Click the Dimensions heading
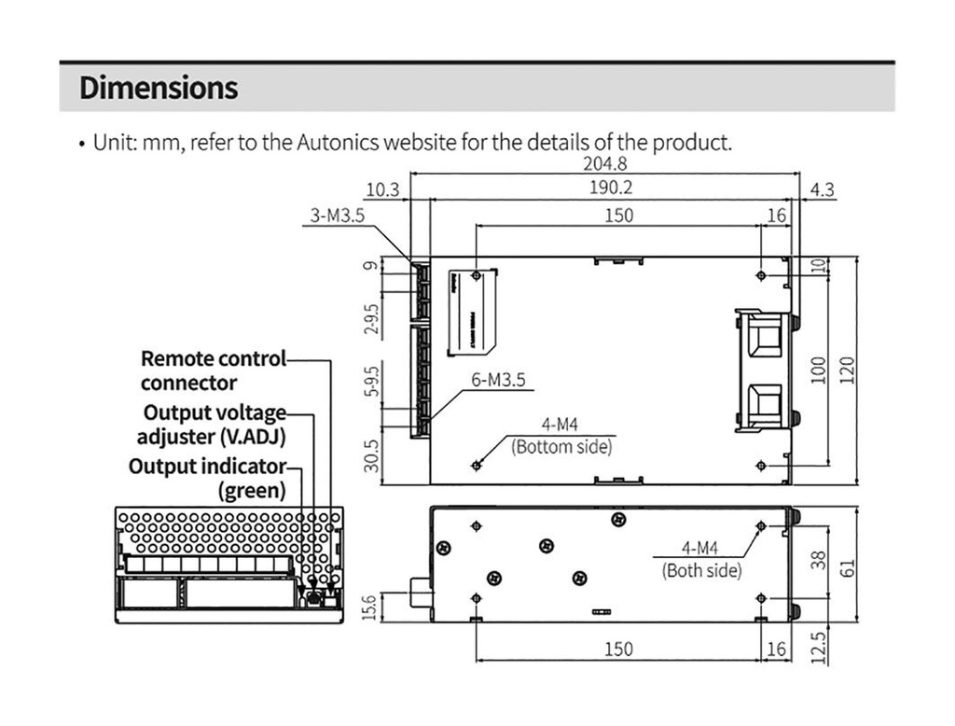pyautogui.click(x=159, y=89)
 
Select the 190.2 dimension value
pyautogui.click(x=612, y=188)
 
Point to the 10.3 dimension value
pyautogui.click(x=382, y=190)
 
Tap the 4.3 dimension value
pyautogui.click(x=822, y=190)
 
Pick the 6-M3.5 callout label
pyautogui.click(x=499, y=380)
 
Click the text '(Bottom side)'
pyautogui.click(x=562, y=447)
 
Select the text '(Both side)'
pyautogui.click(x=702, y=570)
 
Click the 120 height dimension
pyautogui.click(x=847, y=370)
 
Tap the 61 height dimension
pyautogui.click(x=847, y=565)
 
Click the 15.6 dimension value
pyautogui.click(x=371, y=607)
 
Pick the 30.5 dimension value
pyautogui.click(x=371, y=455)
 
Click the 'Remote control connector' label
pyautogui.click(x=213, y=370)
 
